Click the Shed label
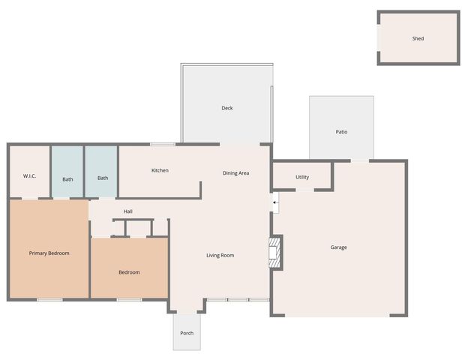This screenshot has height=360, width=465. click(x=418, y=38)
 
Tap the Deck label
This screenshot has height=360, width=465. click(x=226, y=108)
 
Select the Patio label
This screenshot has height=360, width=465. click(x=341, y=132)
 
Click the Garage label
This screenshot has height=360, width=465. click(x=339, y=247)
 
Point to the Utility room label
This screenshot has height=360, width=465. click(x=302, y=178)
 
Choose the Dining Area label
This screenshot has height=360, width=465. click(x=235, y=173)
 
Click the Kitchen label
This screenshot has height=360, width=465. click(x=160, y=170)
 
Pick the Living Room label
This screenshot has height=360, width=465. click(x=220, y=256)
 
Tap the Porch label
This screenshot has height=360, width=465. click(x=187, y=333)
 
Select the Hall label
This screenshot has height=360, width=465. click(x=128, y=211)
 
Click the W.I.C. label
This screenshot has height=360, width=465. click(x=30, y=176)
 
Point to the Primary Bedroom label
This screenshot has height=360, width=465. click(x=49, y=253)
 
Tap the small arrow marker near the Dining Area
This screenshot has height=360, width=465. click(x=274, y=202)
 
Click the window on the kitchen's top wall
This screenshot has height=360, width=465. click(x=162, y=144)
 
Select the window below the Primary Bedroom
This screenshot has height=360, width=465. click(x=49, y=300)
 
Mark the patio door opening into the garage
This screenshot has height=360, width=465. click(x=361, y=160)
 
